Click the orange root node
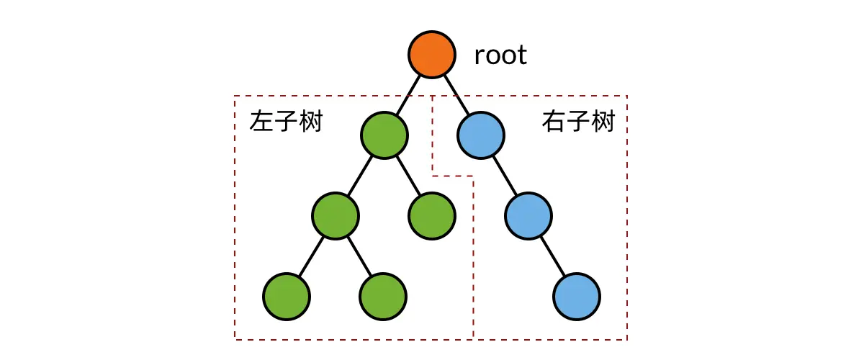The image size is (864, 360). click(x=432, y=55)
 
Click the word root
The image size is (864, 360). click(x=500, y=55)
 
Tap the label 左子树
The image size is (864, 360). click(x=286, y=122)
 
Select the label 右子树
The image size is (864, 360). click(x=578, y=122)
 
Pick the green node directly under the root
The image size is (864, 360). click(x=384, y=135)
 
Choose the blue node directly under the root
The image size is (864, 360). click(x=481, y=135)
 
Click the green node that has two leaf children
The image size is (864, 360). click(x=336, y=215)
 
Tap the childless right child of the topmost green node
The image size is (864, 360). click(x=432, y=215)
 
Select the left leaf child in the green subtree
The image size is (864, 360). click(x=287, y=296)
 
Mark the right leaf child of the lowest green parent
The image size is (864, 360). click(x=383, y=296)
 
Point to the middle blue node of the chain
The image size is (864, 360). click(x=528, y=215)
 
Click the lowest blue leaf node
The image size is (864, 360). click(x=577, y=296)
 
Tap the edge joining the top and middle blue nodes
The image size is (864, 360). click(x=505, y=175)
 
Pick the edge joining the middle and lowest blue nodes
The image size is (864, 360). click(x=553, y=256)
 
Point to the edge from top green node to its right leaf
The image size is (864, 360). click(x=408, y=175)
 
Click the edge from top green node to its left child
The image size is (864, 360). click(x=360, y=175)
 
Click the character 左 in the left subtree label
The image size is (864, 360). click(x=261, y=122)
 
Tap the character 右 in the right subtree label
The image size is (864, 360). click(x=553, y=122)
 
